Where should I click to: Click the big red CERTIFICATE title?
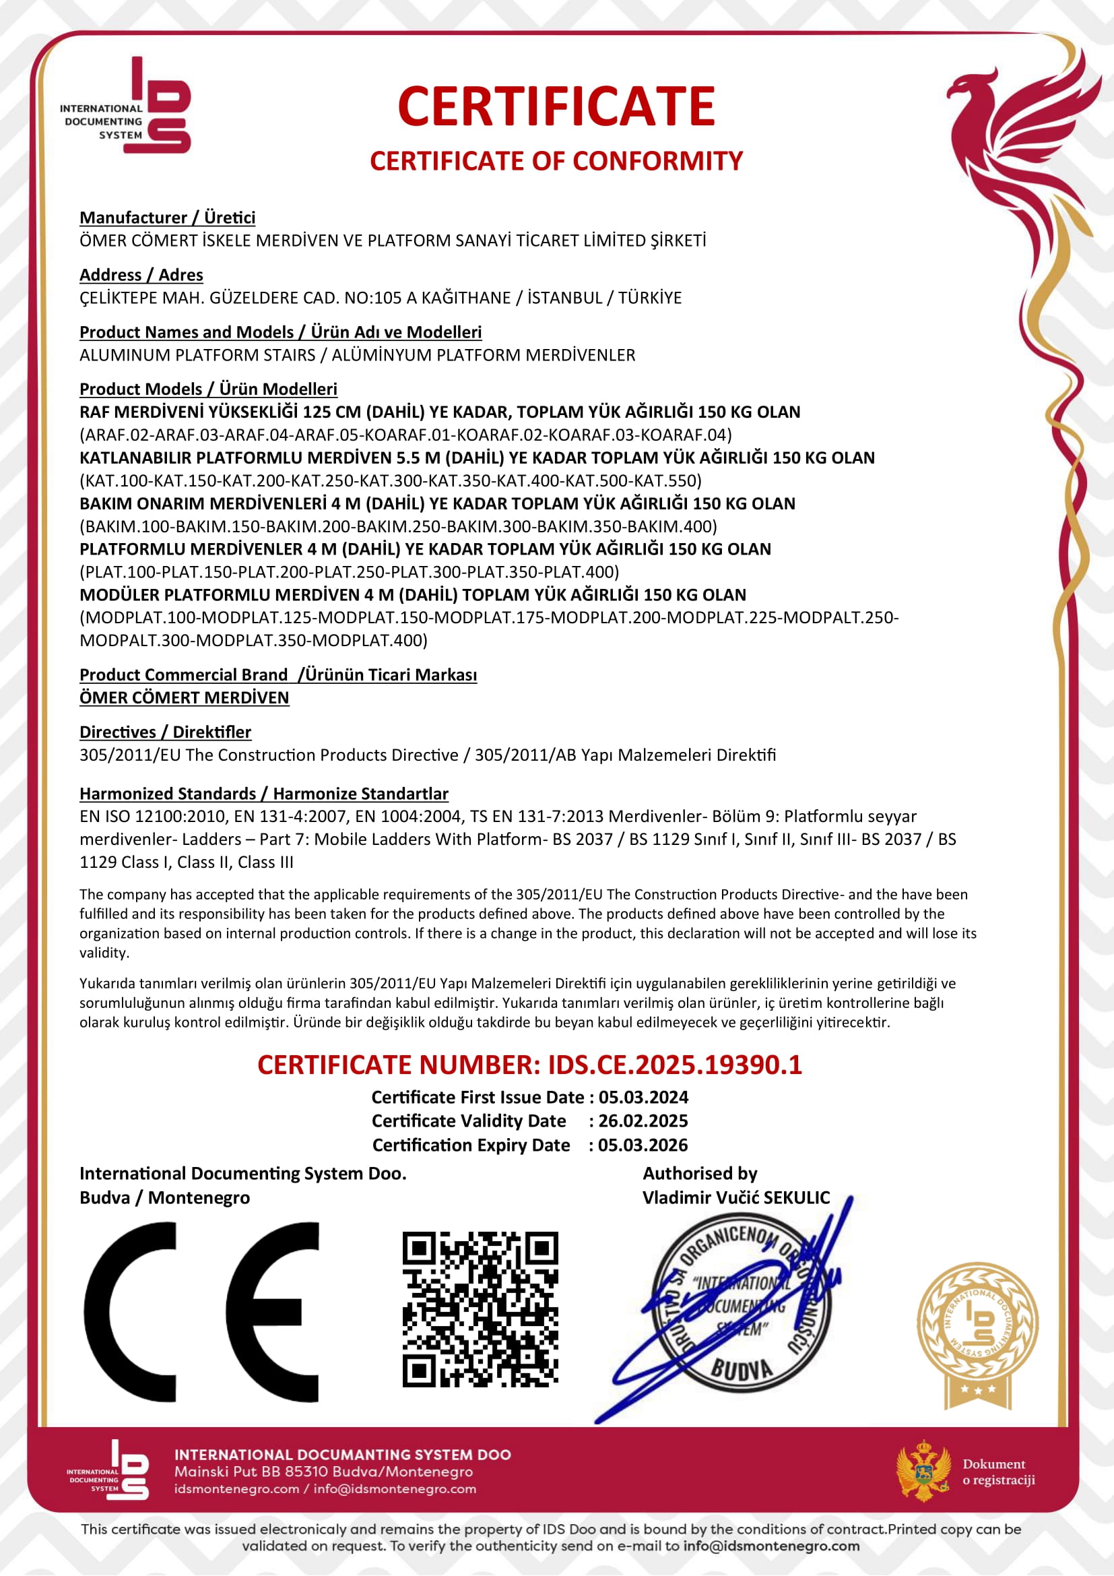(x=556, y=106)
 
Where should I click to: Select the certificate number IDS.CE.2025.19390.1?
(x=674, y=1065)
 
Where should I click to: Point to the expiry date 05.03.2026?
(x=643, y=1145)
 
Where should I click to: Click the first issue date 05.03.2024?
(x=643, y=1097)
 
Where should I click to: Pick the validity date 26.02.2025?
(x=643, y=1121)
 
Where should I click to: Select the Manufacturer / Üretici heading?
(x=168, y=218)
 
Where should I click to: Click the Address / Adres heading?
(x=141, y=276)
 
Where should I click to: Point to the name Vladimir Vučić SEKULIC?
(x=736, y=1198)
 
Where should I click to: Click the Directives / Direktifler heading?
(x=165, y=732)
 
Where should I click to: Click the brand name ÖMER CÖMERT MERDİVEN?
(x=184, y=698)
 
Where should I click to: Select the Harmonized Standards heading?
(x=263, y=794)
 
